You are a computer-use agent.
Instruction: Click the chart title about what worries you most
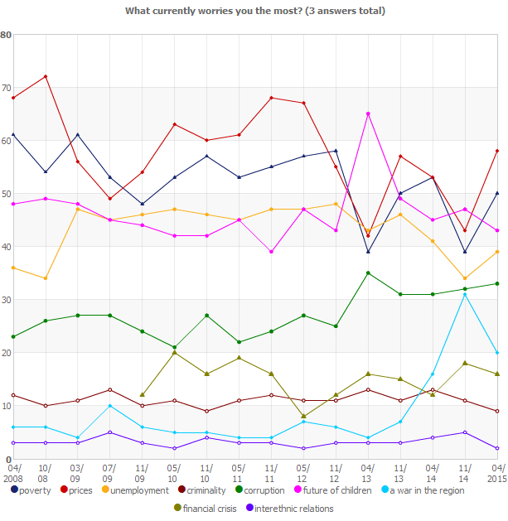click(254, 11)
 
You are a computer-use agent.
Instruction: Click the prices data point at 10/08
click(46, 76)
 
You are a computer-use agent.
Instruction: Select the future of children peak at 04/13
click(368, 113)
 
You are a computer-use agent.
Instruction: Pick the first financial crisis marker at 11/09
click(143, 395)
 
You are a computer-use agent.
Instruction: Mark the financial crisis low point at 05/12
click(304, 416)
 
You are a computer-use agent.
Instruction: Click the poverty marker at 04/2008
click(13, 135)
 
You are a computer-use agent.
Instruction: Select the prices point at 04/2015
click(497, 151)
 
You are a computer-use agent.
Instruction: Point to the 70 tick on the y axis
click(7, 88)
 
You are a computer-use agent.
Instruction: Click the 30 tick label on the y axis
click(7, 300)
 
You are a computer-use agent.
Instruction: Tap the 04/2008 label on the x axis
click(13, 473)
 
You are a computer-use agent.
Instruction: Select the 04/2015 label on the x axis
click(496, 473)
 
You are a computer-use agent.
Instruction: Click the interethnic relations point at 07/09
click(110, 432)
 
